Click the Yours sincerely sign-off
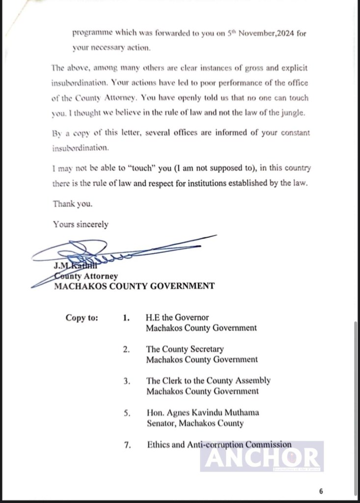coord(81,224)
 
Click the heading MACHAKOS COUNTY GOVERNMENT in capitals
coord(134,286)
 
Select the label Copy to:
coord(82,317)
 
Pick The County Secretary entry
coord(185,349)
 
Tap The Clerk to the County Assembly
coord(208,381)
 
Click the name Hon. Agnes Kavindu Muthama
coord(202,413)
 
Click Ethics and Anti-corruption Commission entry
coord(219,445)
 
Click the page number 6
coord(321,491)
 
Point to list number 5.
coord(127,413)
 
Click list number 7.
coord(127,445)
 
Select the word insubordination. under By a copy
coord(81,147)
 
